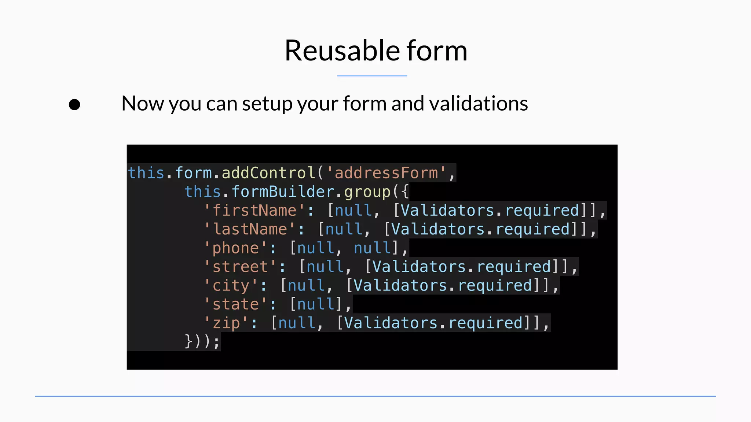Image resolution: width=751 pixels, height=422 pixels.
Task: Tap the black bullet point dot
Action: pyautogui.click(x=74, y=105)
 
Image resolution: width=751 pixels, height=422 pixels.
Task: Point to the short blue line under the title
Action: pyautogui.click(x=372, y=76)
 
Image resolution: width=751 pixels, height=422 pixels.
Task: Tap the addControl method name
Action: pyautogui.click(x=268, y=173)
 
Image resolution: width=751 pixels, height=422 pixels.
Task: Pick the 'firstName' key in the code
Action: pyautogui.click(x=254, y=211)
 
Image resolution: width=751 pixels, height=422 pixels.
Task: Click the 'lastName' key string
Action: pyautogui.click(x=250, y=229)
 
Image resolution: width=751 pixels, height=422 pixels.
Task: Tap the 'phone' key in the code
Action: pyautogui.click(x=236, y=248)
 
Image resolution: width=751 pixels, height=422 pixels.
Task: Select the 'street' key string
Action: pyautogui.click(x=240, y=267)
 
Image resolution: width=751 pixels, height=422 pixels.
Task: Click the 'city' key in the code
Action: pyautogui.click(x=231, y=286)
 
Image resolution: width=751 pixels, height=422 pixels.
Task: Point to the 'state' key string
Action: pyautogui.click(x=236, y=304)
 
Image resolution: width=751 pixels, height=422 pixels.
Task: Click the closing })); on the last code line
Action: pyautogui.click(x=202, y=341)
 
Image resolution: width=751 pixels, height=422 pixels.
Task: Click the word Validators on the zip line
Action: pyautogui.click(x=391, y=323)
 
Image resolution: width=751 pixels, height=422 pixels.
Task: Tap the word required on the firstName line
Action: pyautogui.click(x=542, y=211)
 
